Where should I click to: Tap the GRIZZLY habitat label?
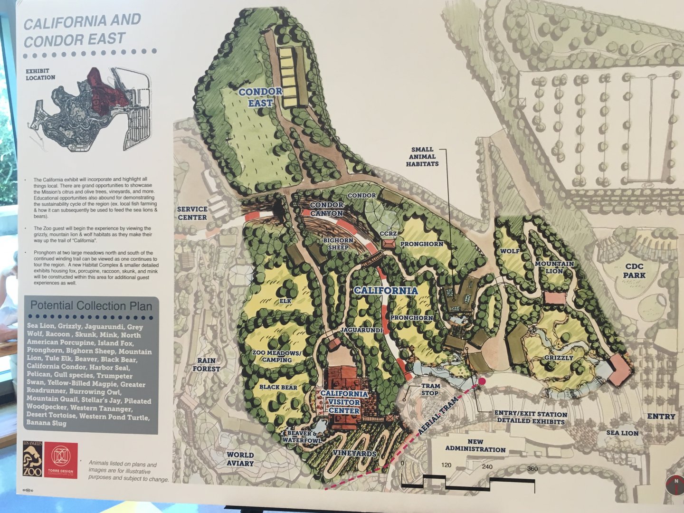[559, 358]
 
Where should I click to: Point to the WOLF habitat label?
[510, 250]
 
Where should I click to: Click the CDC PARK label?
[635, 271]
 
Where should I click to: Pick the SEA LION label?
[622, 433]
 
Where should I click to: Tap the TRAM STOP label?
[430, 389]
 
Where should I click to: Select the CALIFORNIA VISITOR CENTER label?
[344, 402]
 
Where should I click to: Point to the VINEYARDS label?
[355, 454]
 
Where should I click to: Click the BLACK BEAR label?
[278, 387]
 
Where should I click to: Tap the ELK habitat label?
[285, 301]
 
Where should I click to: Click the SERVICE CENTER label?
[192, 213]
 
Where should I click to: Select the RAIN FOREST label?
[207, 364]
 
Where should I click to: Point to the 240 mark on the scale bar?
[487, 466]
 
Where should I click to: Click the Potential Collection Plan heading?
[91, 305]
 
